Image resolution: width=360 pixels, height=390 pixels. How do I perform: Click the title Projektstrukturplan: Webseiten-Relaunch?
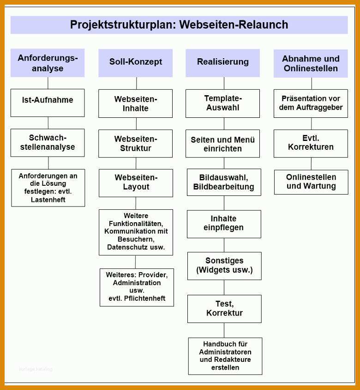click(179, 24)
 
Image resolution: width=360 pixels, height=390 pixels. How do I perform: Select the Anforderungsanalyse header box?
click(48, 63)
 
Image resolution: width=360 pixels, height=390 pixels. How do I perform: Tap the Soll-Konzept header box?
click(135, 63)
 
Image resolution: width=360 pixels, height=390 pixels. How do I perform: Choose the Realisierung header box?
click(222, 63)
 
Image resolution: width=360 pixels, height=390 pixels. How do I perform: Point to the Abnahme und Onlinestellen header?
click(311, 63)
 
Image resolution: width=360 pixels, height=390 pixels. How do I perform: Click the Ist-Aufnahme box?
click(48, 103)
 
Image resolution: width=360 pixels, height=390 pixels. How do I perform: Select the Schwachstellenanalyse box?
click(48, 143)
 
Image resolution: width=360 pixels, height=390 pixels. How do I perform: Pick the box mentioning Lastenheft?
click(48, 188)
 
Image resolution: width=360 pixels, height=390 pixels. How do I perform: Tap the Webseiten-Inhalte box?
click(135, 104)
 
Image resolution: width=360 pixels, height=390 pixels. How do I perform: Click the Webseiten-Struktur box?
click(135, 144)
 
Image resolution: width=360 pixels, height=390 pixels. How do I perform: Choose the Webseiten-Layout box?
click(136, 183)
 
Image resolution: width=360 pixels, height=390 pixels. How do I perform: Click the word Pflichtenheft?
click(144, 298)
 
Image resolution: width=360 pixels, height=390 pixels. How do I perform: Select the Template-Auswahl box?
click(222, 104)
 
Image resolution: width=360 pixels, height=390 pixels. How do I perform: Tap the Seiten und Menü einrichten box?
click(222, 144)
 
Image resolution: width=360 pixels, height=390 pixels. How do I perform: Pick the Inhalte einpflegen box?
click(224, 224)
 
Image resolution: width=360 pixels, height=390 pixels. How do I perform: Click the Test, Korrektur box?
click(224, 309)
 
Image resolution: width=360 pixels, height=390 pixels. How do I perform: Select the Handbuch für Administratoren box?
click(225, 356)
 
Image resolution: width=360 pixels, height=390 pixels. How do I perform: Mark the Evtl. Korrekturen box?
click(311, 144)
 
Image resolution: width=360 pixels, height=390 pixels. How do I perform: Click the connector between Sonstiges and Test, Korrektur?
click(224, 287)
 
